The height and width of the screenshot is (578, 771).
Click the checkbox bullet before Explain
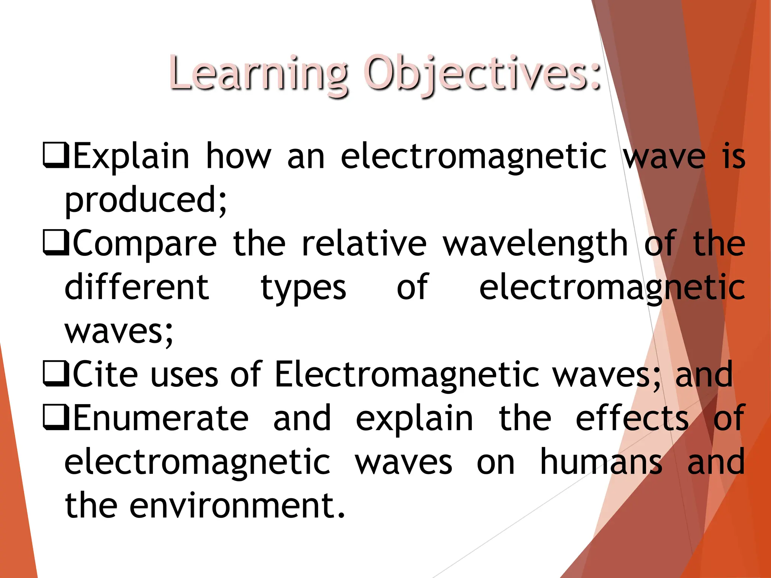[56, 155]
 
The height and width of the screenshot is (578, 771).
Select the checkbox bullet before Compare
[56, 243]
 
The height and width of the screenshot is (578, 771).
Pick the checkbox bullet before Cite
[56, 374]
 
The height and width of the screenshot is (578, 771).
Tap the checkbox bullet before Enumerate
[56, 417]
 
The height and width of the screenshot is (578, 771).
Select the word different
[137, 287]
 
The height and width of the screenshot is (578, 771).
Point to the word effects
[632, 418]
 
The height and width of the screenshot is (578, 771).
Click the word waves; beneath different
[119, 331]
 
